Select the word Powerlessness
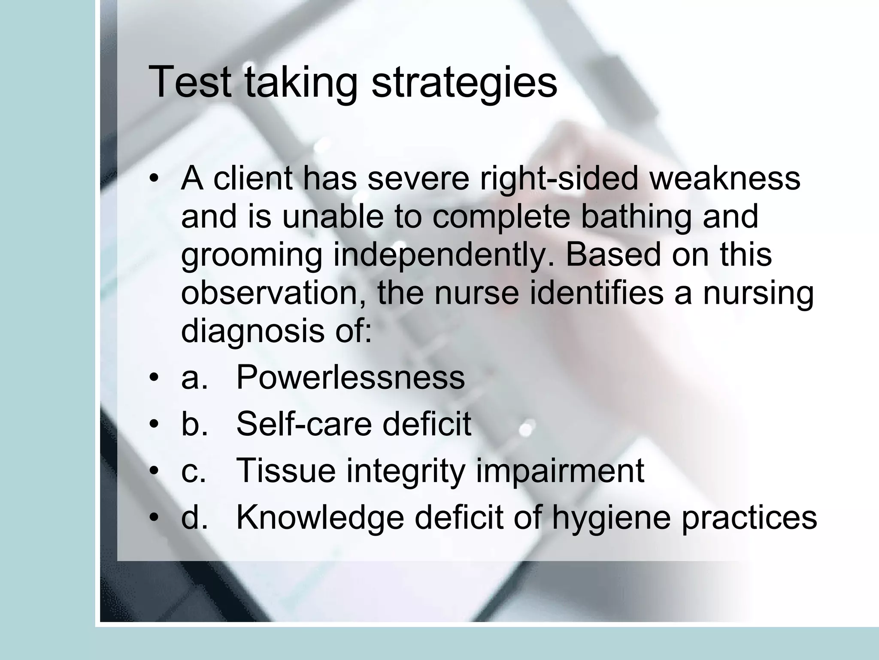[x=350, y=377]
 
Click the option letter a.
[x=194, y=377]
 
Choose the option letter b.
[x=194, y=424]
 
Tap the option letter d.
[x=194, y=516]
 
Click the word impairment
[x=560, y=470]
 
